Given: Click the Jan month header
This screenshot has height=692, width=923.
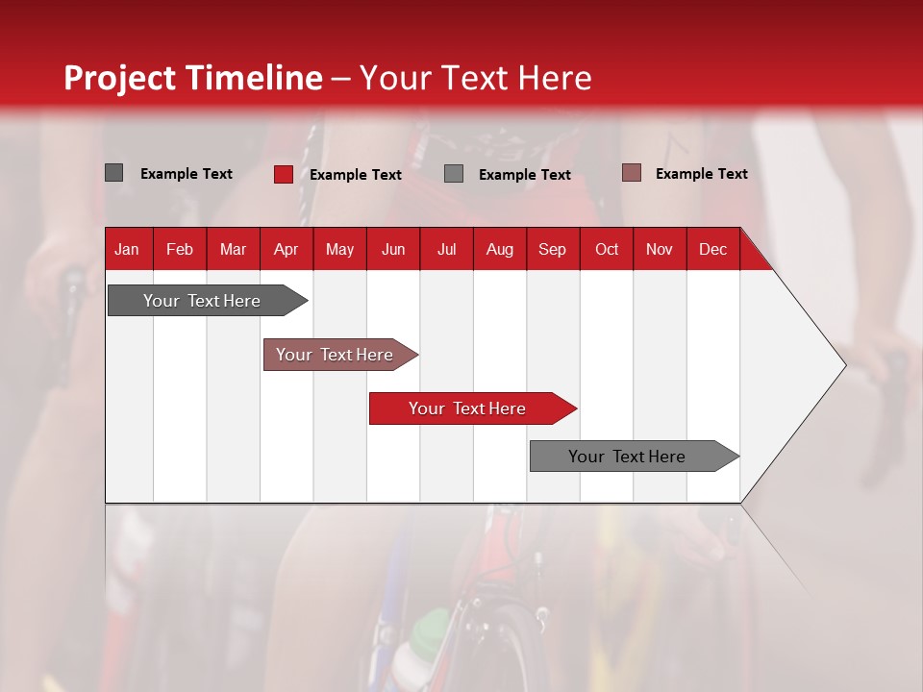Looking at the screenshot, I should coord(127,249).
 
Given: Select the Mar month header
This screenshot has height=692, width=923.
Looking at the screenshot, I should coord(233,249).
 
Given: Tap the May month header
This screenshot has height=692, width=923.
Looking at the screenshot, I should coord(339,249).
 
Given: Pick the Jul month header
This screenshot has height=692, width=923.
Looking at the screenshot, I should coord(446,249).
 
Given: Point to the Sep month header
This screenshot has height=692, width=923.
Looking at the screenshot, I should coord(552,249).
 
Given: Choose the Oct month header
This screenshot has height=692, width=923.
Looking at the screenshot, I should coord(607,249).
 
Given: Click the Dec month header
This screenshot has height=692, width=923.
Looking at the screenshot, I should coord(712,249).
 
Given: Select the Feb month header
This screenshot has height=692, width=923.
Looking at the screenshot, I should coord(180,249).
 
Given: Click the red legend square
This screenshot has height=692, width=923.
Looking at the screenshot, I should coord(284,174).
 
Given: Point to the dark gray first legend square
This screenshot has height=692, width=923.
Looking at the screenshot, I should coord(114,173).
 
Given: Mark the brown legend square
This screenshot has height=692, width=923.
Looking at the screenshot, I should coord(632,173).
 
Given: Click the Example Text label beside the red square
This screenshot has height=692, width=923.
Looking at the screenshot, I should coord(356,175).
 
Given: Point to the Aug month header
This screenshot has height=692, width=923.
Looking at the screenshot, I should coord(499,249).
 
